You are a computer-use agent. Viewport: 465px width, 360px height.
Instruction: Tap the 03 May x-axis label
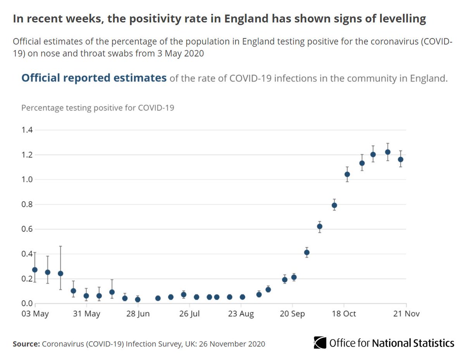(x=35, y=313)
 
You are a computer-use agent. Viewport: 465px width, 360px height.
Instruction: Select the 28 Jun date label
(x=138, y=313)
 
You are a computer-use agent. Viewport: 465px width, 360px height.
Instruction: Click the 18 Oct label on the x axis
(x=344, y=313)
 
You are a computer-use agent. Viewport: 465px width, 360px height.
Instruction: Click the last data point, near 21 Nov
(x=401, y=159)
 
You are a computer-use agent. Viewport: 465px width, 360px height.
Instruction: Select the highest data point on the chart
(x=387, y=152)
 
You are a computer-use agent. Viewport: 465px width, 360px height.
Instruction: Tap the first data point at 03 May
(x=35, y=270)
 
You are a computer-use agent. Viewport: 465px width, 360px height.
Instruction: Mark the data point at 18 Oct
(x=347, y=174)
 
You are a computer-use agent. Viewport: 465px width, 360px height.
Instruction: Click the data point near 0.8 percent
(x=334, y=205)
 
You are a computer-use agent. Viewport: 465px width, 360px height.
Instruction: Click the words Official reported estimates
(x=94, y=78)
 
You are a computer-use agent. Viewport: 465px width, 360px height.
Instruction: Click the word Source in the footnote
(x=25, y=344)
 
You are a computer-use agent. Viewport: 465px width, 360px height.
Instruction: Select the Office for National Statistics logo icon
(x=320, y=343)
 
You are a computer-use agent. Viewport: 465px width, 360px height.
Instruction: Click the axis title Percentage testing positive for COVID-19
(x=98, y=108)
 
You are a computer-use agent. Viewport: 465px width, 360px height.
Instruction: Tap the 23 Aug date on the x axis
(x=241, y=313)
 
